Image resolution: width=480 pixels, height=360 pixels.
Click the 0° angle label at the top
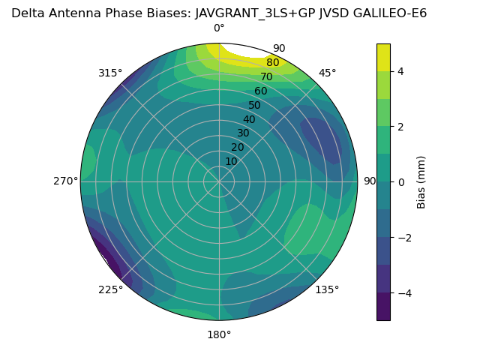219,28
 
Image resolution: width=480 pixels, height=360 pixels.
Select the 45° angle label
328,73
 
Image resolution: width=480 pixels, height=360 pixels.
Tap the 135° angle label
327,290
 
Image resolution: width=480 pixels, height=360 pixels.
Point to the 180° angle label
219,334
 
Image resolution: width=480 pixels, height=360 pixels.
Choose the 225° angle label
110,290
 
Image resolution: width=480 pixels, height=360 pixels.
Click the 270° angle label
65,181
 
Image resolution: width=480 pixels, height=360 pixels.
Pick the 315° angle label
110,73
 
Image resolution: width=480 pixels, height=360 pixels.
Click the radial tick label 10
231,161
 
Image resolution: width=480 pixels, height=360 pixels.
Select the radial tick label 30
243,133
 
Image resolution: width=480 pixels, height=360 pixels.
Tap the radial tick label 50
254,106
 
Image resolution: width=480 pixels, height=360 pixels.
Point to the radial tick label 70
266,77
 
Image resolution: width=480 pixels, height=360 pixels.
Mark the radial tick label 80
272,63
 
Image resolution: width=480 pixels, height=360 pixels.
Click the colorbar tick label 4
401,71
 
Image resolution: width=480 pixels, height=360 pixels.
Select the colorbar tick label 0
401,182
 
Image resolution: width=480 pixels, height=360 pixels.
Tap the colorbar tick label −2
404,238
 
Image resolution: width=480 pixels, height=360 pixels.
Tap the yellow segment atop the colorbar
383,57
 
